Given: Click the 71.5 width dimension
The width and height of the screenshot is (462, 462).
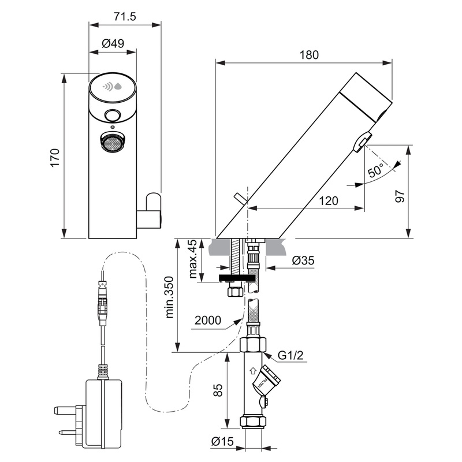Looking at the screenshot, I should pos(124,16).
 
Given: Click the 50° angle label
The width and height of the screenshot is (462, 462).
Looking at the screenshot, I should pos(376,171).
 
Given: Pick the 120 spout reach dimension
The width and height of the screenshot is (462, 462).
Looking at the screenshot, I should pos(327,200).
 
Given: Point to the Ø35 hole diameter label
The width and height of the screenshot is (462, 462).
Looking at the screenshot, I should pos(303,260).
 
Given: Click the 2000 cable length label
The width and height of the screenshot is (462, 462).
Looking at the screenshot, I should pos(208,319).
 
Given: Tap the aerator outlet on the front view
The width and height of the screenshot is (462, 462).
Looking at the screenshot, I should pos(113,141).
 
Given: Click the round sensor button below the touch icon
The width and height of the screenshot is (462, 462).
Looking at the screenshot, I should pos(113,115).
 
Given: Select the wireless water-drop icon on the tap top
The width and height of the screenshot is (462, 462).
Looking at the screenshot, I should pos(113,87).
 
